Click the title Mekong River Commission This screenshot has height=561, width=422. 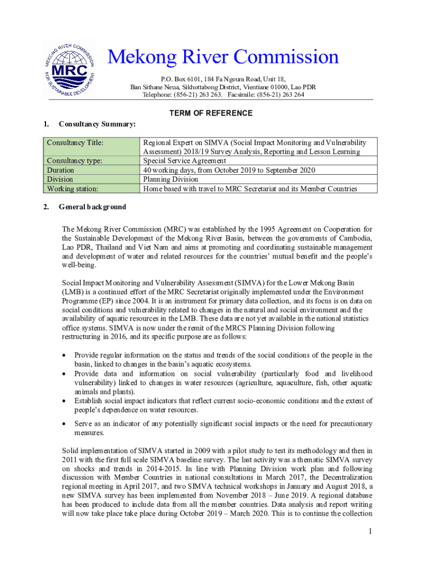coord(223,57)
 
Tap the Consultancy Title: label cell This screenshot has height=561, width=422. coord(75,143)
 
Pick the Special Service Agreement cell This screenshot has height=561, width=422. coord(184,161)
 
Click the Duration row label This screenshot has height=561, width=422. coord(61,170)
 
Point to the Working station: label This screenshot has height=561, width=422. coord(73,188)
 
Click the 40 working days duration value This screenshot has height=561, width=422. coord(229,170)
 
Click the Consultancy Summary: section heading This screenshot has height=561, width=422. coord(97,124)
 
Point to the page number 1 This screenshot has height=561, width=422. coord(370,531)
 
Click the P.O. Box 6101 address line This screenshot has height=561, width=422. coord(223,79)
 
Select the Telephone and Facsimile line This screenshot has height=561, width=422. coord(223,94)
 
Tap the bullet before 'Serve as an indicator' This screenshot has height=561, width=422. coord(64,424)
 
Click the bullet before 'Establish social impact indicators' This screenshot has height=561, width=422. coord(64,401)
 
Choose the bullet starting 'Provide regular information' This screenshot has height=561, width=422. coord(64,356)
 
